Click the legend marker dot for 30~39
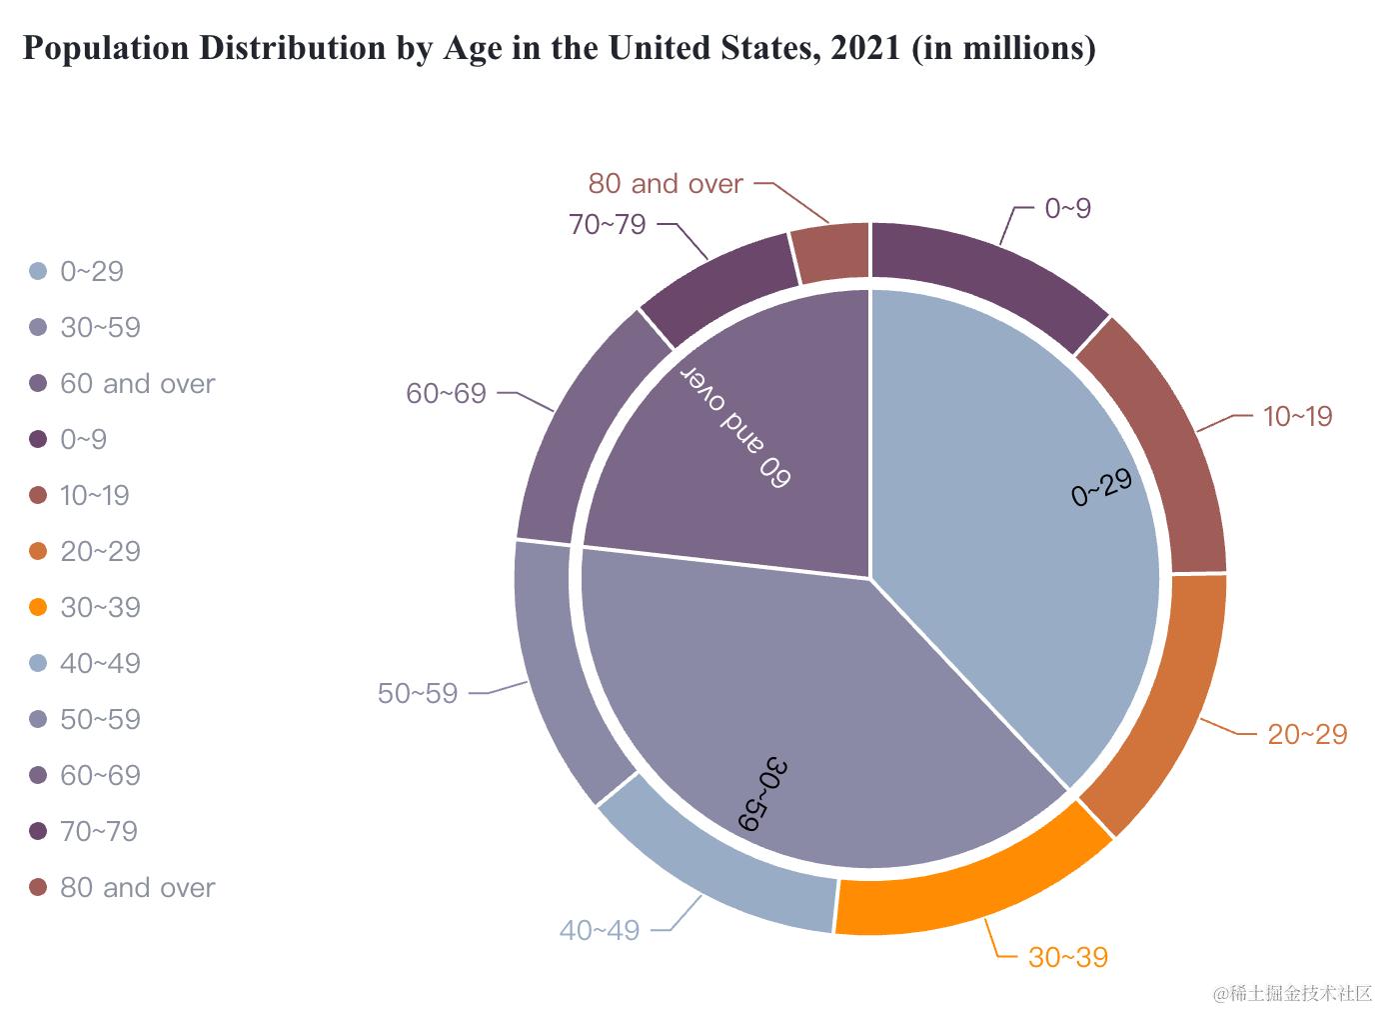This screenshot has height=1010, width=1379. pos(38,607)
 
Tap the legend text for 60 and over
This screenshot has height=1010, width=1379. pos(137,383)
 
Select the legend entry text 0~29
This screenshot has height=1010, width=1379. pos(91,271)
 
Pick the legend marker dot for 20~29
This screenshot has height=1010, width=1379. pos(38,551)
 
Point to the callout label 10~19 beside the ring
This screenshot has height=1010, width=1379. pos(1297,416)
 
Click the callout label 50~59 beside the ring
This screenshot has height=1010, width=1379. pos(418,693)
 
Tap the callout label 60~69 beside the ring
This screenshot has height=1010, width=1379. pos(446,393)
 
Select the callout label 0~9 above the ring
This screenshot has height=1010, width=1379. pos(1067,208)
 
